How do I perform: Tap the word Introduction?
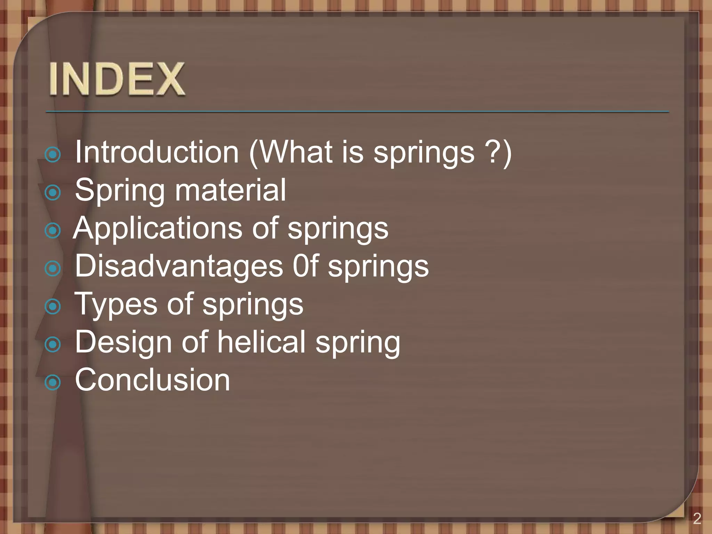[x=157, y=152]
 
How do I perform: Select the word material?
[x=230, y=190]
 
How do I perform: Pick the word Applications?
[x=158, y=229]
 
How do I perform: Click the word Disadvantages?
[x=179, y=266]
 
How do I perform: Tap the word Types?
[x=116, y=305]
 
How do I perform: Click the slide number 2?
[x=697, y=518]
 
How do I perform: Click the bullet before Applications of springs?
[x=53, y=230]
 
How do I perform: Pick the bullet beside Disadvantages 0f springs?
[x=53, y=268]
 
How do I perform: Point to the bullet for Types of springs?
[x=53, y=306]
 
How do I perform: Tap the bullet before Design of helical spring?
[x=53, y=345]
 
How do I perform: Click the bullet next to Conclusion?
[x=53, y=382]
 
